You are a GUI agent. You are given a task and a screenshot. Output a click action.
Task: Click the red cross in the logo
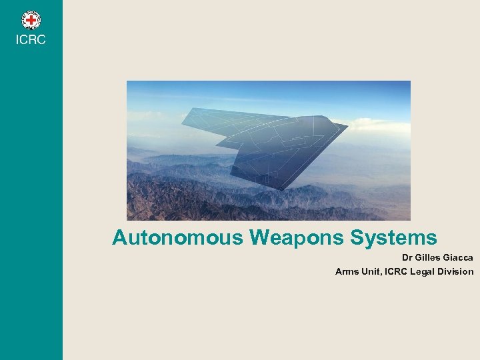coord(31,20)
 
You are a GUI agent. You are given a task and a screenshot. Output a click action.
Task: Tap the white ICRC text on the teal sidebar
coord(31,41)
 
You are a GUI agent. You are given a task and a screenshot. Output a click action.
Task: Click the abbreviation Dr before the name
coord(407,257)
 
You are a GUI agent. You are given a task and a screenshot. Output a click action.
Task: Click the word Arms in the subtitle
coord(347,271)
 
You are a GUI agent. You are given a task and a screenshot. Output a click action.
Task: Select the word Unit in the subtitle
coord(373,271)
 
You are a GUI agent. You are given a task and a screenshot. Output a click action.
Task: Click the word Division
coord(459,271)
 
